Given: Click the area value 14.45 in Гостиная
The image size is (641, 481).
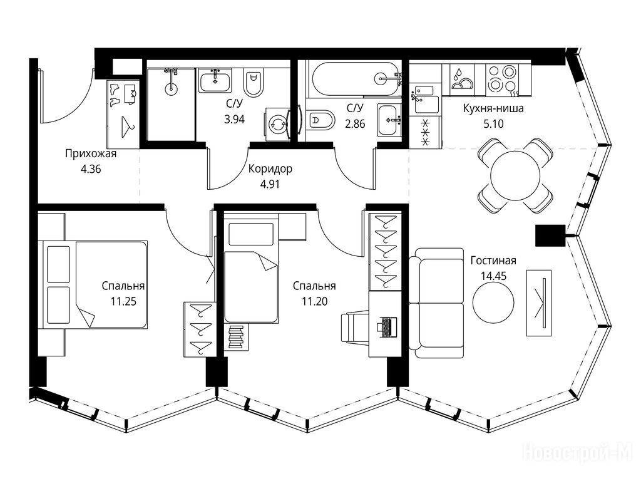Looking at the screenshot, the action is [x=493, y=276].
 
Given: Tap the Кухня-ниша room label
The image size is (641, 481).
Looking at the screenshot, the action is [x=493, y=108].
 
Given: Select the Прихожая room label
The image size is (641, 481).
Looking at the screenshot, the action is [x=91, y=154].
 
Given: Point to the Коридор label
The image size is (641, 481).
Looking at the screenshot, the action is [x=270, y=169].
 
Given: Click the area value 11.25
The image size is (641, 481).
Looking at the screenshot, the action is [x=123, y=302].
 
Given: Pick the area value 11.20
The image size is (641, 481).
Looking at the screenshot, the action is [x=314, y=302].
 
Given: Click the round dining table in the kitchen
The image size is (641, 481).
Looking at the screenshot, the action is [x=515, y=175].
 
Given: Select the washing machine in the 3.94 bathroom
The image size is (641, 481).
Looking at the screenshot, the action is [x=277, y=124].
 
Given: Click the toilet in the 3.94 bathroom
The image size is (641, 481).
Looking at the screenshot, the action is [x=254, y=82].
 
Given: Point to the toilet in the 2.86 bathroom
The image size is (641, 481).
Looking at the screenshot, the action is [x=320, y=120].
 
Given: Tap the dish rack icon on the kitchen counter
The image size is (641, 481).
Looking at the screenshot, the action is [x=461, y=78].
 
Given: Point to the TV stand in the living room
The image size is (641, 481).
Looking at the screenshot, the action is [x=539, y=303].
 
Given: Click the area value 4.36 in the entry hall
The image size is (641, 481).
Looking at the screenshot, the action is [x=91, y=169].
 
